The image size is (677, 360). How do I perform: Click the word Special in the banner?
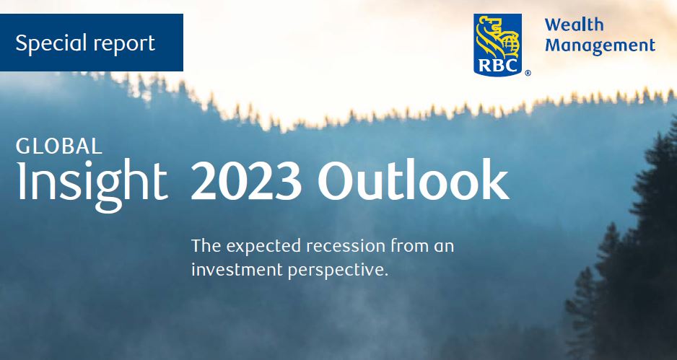(x=51, y=43)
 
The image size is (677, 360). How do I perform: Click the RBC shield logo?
(x=497, y=45)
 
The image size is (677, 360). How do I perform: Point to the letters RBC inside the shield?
(x=497, y=66)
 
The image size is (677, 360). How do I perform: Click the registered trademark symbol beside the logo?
(x=528, y=74)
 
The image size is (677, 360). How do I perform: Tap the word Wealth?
(x=574, y=25)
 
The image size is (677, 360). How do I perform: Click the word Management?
(x=600, y=45)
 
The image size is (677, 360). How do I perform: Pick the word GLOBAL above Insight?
(x=58, y=146)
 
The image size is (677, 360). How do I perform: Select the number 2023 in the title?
(x=245, y=180)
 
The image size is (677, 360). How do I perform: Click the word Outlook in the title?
(x=413, y=179)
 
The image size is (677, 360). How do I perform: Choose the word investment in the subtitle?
(x=237, y=270)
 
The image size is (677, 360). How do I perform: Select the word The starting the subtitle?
(x=206, y=245)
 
